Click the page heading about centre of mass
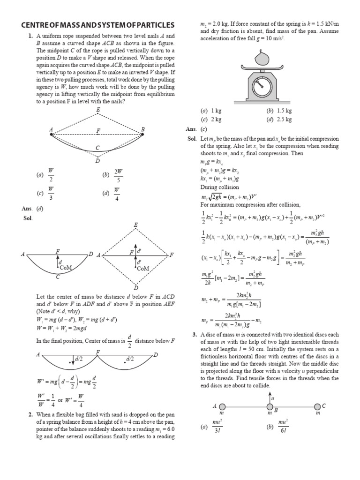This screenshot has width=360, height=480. pyautogui.click(x=98, y=24)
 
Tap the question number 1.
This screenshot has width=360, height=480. pyautogui.click(x=30, y=36)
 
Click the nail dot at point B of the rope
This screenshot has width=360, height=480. pyautogui.click(x=142, y=135)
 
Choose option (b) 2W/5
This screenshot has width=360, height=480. pyautogui.click(x=112, y=175)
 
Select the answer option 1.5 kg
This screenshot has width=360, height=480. pyautogui.click(x=279, y=111)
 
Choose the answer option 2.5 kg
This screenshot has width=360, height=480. pyautogui.click(x=279, y=120)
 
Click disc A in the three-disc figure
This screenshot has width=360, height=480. pyautogui.click(x=222, y=406)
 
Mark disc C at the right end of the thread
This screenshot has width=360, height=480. pyautogui.click(x=317, y=406)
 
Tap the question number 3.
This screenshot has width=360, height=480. pyautogui.click(x=195, y=334)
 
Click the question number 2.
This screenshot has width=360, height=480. pyautogui.click(x=30, y=414)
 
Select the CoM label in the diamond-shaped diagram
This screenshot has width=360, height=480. pyautogui.click(x=143, y=268)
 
